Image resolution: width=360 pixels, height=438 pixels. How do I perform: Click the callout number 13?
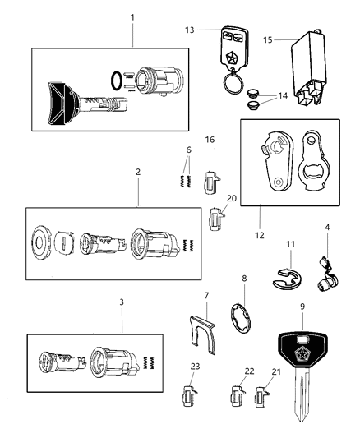[189, 30]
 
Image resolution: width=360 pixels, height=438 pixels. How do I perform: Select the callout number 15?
[268, 39]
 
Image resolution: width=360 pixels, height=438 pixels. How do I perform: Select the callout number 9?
[302, 306]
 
